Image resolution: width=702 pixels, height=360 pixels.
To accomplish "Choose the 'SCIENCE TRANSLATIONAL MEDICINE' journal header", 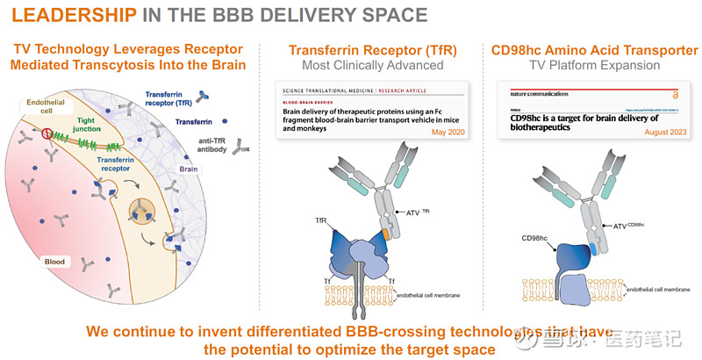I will [327, 90].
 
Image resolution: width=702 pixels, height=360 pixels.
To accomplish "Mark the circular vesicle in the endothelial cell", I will [140, 210].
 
